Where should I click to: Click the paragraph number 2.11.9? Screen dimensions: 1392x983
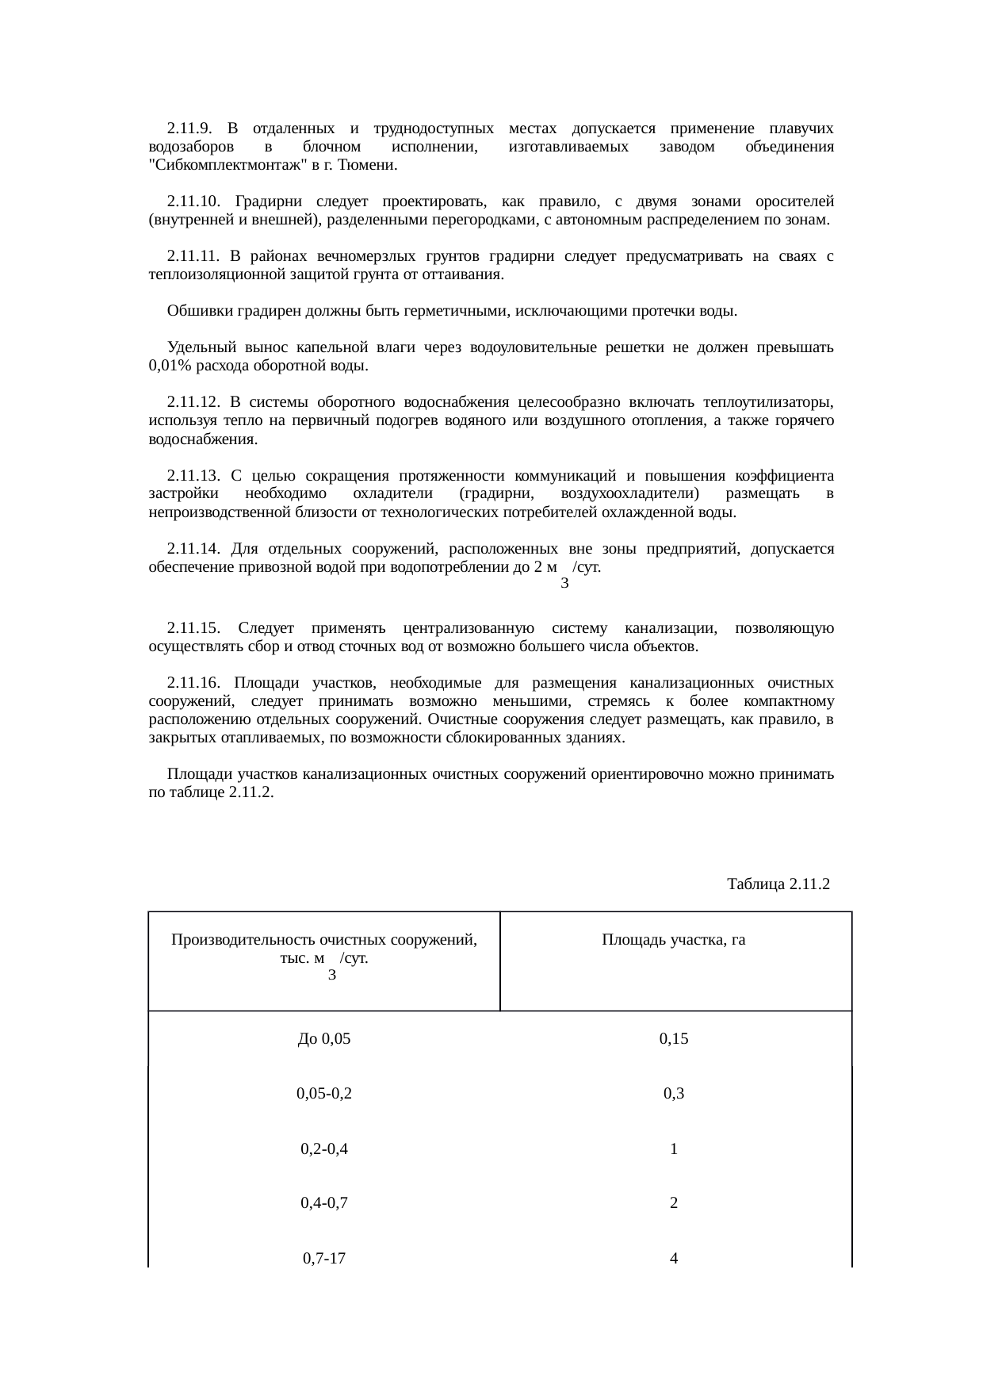pos(189,128)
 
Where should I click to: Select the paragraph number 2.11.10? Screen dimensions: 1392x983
pos(193,201)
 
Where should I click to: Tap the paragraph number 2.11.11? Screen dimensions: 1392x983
pos(193,256)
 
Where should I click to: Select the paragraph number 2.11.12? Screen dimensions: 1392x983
pos(193,402)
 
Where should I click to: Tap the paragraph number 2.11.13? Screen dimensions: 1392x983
pos(193,476)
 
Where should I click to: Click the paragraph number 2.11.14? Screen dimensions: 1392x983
pos(193,549)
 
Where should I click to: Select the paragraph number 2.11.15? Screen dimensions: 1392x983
pos(193,628)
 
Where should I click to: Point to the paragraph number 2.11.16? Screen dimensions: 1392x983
pos(193,683)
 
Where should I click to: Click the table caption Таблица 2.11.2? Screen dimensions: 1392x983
pos(778,884)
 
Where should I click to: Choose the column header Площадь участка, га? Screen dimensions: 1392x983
pos(673,940)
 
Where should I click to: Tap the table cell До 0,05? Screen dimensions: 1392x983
pos(323,1039)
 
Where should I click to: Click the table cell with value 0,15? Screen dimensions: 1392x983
pos(673,1039)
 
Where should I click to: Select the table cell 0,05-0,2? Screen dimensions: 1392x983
pos(323,1094)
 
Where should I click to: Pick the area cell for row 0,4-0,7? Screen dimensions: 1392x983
pos(673,1203)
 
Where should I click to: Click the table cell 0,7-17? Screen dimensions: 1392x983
pos(323,1258)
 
